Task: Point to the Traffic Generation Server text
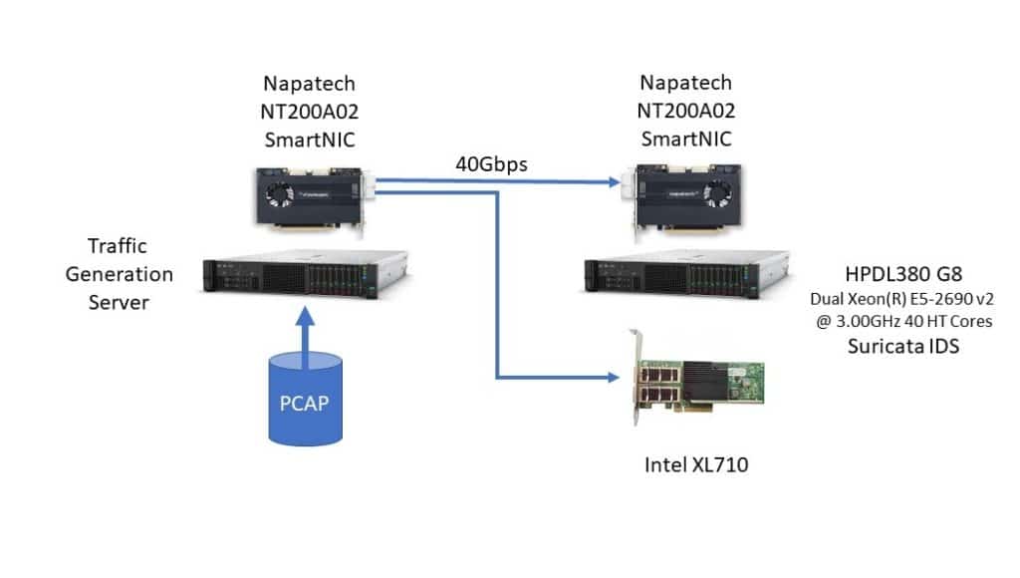tap(130, 273)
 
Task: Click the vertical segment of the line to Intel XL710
tap(494, 289)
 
